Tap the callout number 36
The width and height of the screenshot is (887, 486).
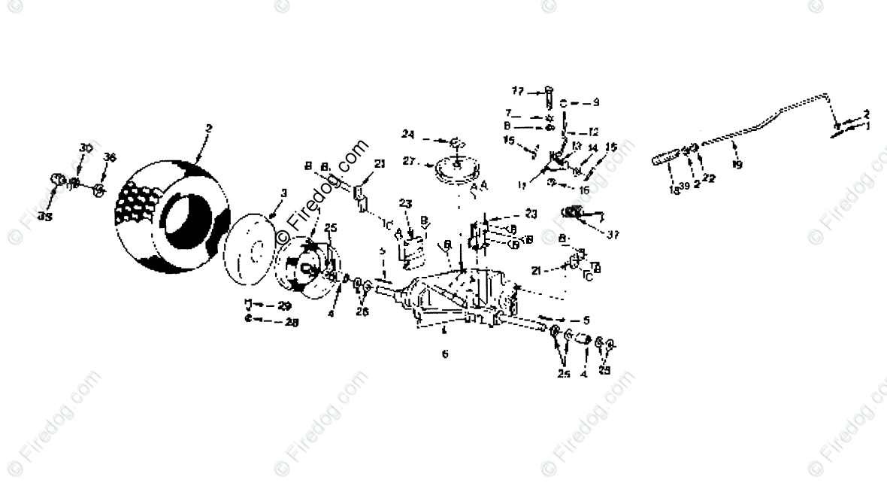(x=110, y=157)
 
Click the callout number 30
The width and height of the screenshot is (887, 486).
(x=85, y=147)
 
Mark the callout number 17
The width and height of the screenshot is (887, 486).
(x=518, y=91)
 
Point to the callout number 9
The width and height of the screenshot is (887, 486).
(x=595, y=102)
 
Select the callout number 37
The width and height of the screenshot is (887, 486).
(x=613, y=234)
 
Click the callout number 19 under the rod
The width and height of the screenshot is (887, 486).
(x=737, y=164)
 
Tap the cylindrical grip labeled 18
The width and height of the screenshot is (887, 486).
(x=665, y=159)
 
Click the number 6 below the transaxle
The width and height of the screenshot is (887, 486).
(x=444, y=353)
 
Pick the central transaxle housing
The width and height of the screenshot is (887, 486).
(x=459, y=297)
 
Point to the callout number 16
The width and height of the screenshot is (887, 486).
(x=584, y=190)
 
